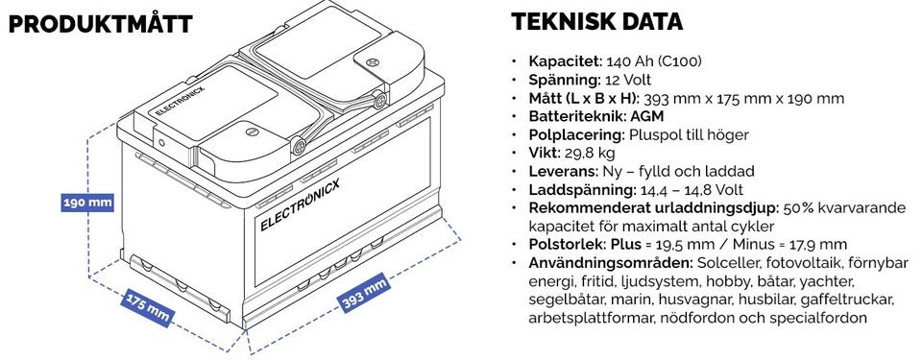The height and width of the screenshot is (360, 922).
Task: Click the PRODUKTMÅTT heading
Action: [x=101, y=24]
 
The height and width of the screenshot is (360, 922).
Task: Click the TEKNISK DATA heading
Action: [x=596, y=22]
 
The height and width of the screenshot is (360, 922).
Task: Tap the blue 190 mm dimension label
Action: [x=87, y=203]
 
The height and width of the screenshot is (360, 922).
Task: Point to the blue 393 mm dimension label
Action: [x=365, y=293]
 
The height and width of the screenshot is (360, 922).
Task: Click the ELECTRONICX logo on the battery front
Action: [x=300, y=204]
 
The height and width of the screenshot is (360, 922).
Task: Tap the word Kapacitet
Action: [x=565, y=61]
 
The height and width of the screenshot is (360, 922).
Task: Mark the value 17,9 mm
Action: [x=824, y=245]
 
